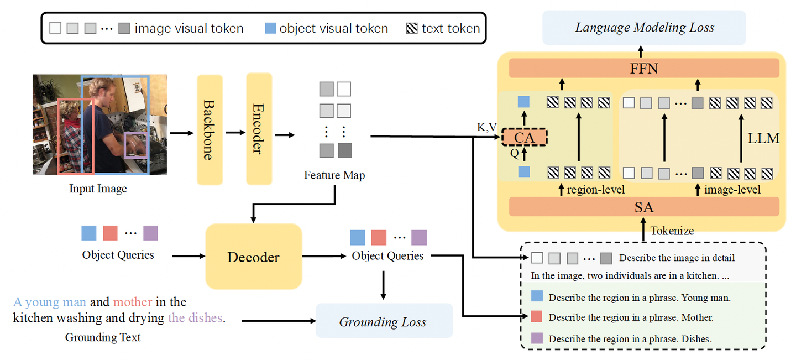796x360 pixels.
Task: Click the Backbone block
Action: coord(210,130)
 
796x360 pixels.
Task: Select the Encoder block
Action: coord(259,129)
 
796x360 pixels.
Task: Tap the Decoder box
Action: coord(253,257)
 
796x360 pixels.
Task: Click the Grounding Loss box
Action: coord(383,321)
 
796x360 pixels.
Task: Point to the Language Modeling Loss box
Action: coord(644,28)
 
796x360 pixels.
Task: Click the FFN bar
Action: coord(644,69)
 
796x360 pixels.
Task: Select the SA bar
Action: coord(644,207)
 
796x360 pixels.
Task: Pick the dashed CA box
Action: coord(524,137)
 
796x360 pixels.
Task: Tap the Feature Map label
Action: coord(334,175)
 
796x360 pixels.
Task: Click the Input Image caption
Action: coord(98,189)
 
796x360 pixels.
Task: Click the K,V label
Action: coord(486,128)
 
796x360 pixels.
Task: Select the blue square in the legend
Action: coord(270,28)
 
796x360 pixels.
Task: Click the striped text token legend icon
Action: coord(412,28)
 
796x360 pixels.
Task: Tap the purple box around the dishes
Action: coord(135,145)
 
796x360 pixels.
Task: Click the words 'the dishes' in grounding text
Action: coord(196,318)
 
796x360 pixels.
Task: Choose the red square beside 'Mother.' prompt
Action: coord(536,317)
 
